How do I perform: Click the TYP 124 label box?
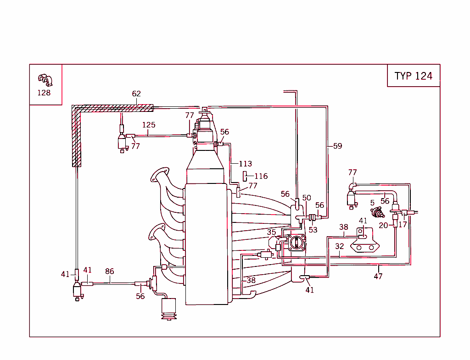[x=413, y=76]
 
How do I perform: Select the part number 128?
[x=44, y=93]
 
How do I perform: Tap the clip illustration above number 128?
[x=45, y=80]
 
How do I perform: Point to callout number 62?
[x=136, y=94]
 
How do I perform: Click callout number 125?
[x=148, y=125]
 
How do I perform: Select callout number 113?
[x=245, y=164]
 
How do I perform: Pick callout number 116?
[x=261, y=176]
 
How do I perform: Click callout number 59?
[x=337, y=146]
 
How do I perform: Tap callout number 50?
[x=307, y=198]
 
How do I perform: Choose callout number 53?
[x=313, y=229]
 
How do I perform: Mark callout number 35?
[x=272, y=232]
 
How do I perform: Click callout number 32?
[x=339, y=246]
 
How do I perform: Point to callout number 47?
[x=378, y=276]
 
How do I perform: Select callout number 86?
[x=109, y=271]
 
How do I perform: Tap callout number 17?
[x=402, y=225]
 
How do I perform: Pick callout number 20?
[x=383, y=225]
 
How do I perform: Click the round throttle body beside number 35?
[x=297, y=243]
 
